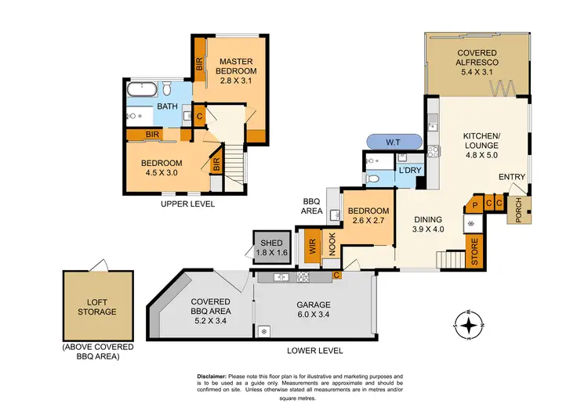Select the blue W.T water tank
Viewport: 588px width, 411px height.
tap(394, 142)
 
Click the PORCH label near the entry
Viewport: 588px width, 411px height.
tap(517, 210)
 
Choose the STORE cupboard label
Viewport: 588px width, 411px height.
tap(474, 255)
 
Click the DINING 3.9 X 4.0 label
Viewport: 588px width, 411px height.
tap(428, 225)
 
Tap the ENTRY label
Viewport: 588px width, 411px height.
tap(512, 177)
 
